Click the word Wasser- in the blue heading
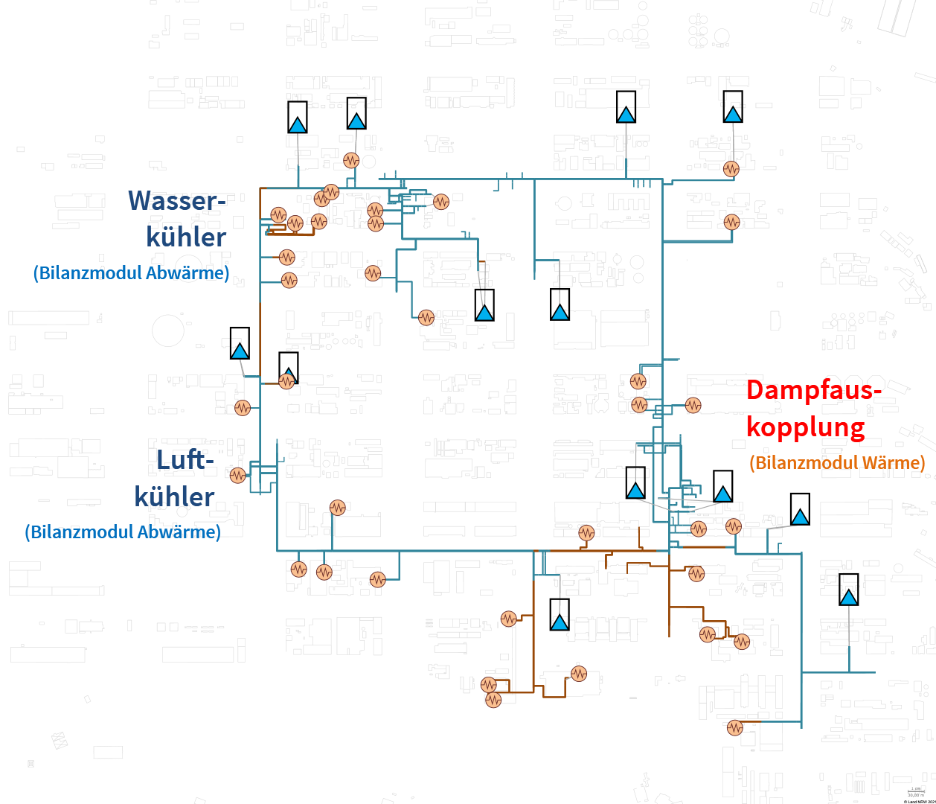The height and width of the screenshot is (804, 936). tap(176, 201)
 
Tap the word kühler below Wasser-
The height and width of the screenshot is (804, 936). tap(186, 237)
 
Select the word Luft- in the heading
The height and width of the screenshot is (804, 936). tap(185, 460)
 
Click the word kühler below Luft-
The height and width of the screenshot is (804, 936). tap(174, 497)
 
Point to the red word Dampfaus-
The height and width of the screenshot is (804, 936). tap(814, 390)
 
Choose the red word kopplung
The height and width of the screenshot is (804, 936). tap(806, 427)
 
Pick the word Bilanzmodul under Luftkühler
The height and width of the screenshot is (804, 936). tap(75, 532)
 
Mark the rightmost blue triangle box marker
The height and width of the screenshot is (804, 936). tap(848, 590)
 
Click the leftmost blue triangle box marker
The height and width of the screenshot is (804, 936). tap(240, 343)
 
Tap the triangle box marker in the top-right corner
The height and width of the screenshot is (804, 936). tap(733, 106)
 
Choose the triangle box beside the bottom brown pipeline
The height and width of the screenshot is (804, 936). tap(560, 615)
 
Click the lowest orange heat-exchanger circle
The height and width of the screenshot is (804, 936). tap(735, 727)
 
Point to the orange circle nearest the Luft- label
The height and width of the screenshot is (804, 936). tap(237, 475)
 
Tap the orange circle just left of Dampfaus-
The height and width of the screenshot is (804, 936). tap(693, 406)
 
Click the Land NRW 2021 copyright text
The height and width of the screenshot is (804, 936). tap(919, 801)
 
